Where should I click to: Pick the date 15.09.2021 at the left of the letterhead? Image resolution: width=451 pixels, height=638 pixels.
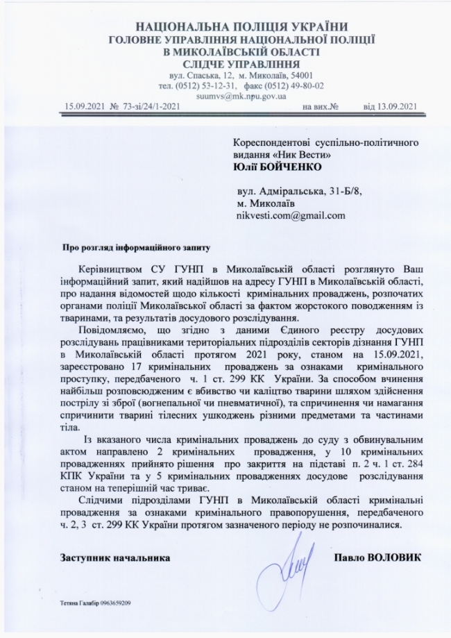click(x=85, y=107)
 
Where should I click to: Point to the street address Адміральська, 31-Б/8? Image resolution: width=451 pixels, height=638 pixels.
click(x=316, y=190)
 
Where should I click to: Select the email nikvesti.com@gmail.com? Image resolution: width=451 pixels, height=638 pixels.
click(x=291, y=215)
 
